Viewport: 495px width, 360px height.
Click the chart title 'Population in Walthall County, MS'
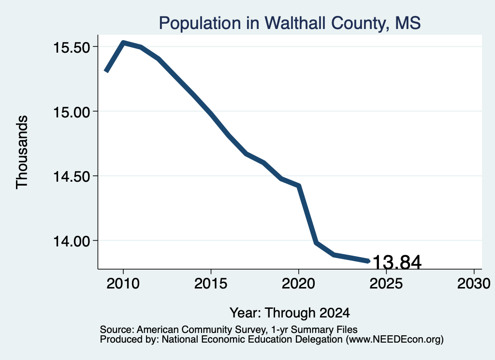point(290,23)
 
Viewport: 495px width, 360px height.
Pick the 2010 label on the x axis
point(123,284)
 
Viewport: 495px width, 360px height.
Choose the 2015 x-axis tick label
point(211,284)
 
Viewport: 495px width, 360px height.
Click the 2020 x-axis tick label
point(298,284)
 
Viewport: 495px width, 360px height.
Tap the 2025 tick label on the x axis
point(386,284)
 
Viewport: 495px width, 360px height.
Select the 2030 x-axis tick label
point(474,284)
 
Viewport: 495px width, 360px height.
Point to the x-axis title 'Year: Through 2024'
point(290,313)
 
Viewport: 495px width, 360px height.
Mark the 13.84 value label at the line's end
point(397,262)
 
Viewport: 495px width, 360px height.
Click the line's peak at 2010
point(123,42)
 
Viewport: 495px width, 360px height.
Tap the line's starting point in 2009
point(106,72)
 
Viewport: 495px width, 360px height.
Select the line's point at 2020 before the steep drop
point(299,186)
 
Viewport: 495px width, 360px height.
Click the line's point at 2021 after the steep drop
point(316,243)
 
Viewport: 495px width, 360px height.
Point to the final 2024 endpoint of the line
point(368,261)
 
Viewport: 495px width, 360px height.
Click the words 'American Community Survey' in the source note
point(201,330)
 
